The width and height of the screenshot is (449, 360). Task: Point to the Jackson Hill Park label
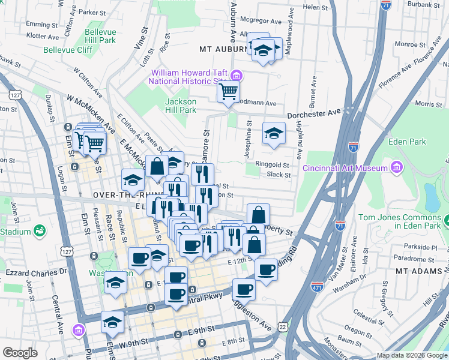tap(181, 106)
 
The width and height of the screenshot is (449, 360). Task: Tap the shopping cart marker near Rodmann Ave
tap(228, 92)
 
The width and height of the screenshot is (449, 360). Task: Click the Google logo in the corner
tap(20, 353)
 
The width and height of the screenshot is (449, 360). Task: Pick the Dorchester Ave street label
tap(314, 113)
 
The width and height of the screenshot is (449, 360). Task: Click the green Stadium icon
tap(40, 230)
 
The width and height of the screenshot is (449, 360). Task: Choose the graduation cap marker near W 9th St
tap(112, 323)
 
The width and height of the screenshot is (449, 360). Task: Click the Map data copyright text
tap(412, 355)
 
